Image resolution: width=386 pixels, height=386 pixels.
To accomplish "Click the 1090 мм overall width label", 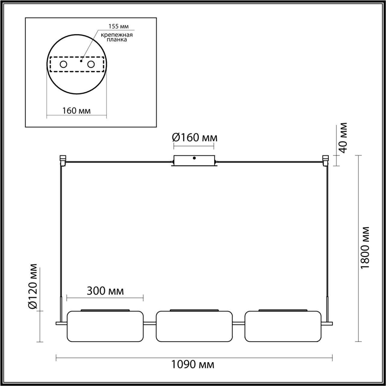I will coord(193,365).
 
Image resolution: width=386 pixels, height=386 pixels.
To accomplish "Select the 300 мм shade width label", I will coord(105,291).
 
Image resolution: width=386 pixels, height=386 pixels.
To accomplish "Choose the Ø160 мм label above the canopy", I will coord(195,138).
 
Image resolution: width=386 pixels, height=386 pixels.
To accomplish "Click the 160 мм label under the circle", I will coord(76,110).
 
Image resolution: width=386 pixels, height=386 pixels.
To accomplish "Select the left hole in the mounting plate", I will coord(64,64).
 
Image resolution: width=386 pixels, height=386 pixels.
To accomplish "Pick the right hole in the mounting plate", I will coord(90,64).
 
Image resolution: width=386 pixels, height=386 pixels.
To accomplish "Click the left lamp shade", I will coord(105,326).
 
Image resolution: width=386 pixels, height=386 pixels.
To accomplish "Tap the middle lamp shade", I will coord(194,326).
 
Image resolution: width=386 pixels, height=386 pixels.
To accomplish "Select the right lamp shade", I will coord(283,326).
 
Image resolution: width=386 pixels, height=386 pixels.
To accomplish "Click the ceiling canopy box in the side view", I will coord(194,160).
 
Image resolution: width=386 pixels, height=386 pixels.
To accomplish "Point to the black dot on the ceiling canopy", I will coord(195,158).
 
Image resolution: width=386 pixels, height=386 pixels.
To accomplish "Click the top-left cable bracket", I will coord(63,160).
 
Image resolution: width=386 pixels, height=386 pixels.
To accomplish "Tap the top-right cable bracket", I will coord(325,160).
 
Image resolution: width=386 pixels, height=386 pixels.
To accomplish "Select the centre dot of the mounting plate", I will coord(81,61).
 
